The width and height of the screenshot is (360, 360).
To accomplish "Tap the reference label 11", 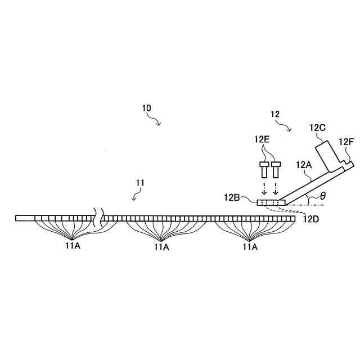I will [141, 182].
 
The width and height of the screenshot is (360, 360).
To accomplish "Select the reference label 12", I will [275, 114].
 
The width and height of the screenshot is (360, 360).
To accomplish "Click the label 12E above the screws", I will [263, 138].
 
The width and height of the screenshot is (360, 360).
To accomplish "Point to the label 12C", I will [317, 128].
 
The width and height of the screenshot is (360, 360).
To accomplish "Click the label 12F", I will [346, 141].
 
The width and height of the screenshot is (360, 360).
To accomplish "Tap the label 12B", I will [232, 197].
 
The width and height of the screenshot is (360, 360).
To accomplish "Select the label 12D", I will [311, 219].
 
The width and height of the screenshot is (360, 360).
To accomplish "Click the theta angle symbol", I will [322, 197].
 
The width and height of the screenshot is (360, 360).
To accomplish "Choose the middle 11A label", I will [162, 246].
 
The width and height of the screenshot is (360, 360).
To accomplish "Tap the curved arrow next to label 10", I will [154, 119].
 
